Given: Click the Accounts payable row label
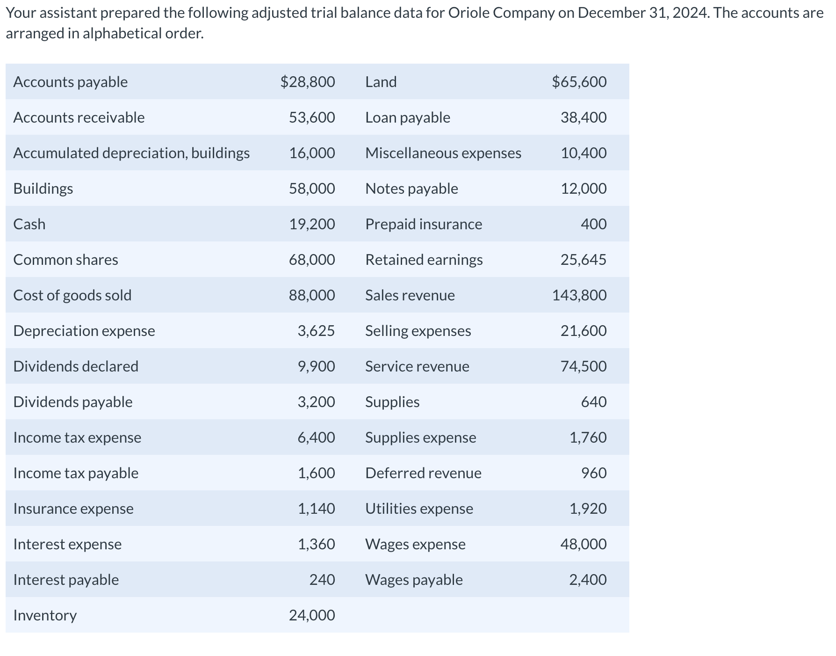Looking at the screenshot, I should click(x=71, y=82).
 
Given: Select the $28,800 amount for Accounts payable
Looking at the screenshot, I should click(x=308, y=82).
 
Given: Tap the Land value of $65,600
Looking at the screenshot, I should click(x=579, y=82).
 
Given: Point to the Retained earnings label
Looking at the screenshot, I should click(x=424, y=260).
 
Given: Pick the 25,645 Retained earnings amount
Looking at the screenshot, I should click(x=584, y=260).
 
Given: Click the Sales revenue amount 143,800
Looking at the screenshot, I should click(x=579, y=295).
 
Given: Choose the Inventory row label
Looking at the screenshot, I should click(x=45, y=615).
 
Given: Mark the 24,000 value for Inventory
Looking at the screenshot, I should click(x=312, y=615).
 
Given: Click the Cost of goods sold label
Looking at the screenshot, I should click(x=72, y=295).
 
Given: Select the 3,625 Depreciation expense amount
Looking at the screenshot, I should click(x=316, y=331).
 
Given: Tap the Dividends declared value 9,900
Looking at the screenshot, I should click(x=316, y=366).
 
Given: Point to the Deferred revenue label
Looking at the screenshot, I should click(x=423, y=473).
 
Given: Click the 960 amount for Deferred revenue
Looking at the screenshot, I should click(x=594, y=473).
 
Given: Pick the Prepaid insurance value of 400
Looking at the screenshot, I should click(x=594, y=224).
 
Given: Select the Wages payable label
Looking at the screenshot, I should click(x=414, y=580).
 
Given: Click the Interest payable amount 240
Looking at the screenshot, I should click(x=322, y=580).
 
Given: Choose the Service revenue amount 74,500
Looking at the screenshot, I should click(x=584, y=366).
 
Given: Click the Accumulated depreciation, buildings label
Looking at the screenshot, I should click(x=131, y=153).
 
